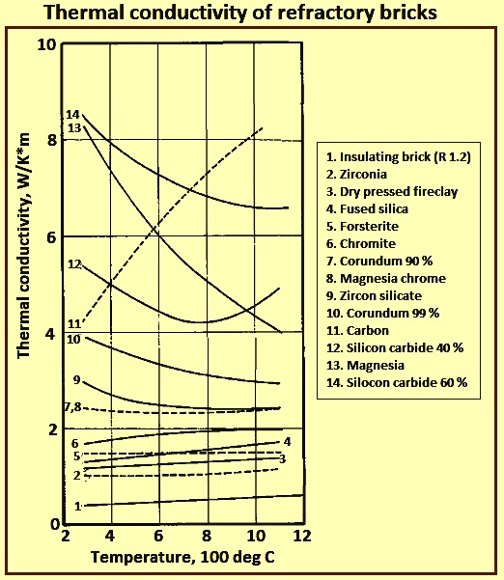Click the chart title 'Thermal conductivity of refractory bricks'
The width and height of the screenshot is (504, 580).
coord(240,13)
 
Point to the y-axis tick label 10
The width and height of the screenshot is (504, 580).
coord(47,45)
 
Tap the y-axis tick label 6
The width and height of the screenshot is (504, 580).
coord(51,237)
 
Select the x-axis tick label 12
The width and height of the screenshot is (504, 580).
coord(301,536)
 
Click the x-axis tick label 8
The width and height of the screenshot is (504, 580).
coord(206,536)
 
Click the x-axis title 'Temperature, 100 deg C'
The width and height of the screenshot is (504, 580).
coord(182,557)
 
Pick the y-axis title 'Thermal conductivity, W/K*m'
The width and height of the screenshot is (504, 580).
coord(23,245)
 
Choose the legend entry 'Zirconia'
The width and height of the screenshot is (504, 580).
coord(356,174)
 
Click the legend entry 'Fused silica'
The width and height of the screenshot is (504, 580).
coord(367,208)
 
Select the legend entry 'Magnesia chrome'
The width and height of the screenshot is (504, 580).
coord(386,278)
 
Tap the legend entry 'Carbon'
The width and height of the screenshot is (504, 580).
coord(357,330)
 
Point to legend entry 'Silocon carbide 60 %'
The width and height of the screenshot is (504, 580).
coord(397,382)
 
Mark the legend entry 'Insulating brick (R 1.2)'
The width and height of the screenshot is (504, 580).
coord(399,157)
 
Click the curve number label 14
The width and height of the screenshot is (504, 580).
coord(72,115)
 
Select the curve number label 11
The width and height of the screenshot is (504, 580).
coord(73,324)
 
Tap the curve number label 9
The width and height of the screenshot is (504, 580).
coord(76,380)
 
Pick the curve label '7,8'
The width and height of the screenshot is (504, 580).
coord(73,407)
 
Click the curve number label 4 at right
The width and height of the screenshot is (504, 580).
coord(287,442)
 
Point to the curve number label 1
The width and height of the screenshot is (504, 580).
coord(77,506)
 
